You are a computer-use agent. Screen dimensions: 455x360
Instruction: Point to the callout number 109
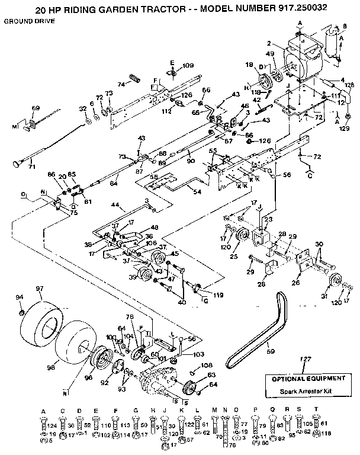(x=188, y=65)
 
